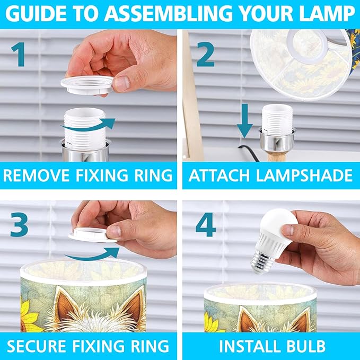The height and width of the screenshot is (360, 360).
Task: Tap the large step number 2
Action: click(x=206, y=54)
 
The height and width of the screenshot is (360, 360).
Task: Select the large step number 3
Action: click(x=19, y=224)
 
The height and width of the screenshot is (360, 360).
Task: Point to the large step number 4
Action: click(x=206, y=224)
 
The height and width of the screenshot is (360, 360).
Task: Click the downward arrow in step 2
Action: click(x=245, y=121)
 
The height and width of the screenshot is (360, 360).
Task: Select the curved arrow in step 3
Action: click(x=92, y=256)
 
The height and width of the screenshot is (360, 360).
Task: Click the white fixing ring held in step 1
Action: click(x=87, y=85)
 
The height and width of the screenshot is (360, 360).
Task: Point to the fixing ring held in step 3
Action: click(x=92, y=235)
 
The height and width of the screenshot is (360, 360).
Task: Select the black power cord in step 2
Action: click(x=249, y=153)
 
